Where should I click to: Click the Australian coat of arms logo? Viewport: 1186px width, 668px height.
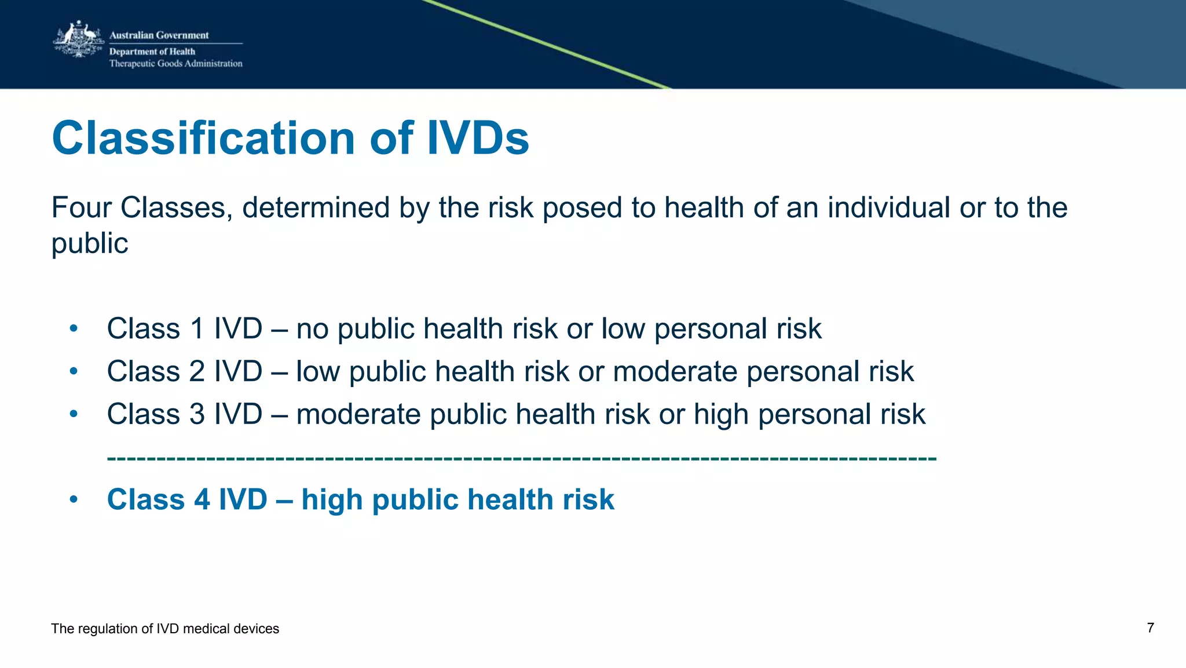pyautogui.click(x=78, y=39)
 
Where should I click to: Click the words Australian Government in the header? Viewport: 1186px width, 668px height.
pyautogui.click(x=159, y=35)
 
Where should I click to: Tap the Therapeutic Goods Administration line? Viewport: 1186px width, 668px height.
pyautogui.click(x=175, y=64)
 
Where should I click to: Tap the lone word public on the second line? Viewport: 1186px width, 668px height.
pyautogui.click(x=90, y=243)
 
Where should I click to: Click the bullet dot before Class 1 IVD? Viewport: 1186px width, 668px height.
pyautogui.click(x=73, y=329)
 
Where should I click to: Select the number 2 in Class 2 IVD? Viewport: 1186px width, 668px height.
pyautogui.click(x=197, y=371)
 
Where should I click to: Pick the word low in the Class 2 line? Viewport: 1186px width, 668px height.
pyautogui.click(x=317, y=371)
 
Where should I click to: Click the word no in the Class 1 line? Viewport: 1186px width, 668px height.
pyautogui.click(x=312, y=329)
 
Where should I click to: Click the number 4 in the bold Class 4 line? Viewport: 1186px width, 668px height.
pyautogui.click(x=202, y=499)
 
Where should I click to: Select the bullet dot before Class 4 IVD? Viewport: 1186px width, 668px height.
pyautogui.click(x=73, y=499)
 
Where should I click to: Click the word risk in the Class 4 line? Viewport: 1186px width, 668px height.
pyautogui.click(x=588, y=499)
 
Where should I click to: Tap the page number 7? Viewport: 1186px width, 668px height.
pyautogui.click(x=1150, y=628)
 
